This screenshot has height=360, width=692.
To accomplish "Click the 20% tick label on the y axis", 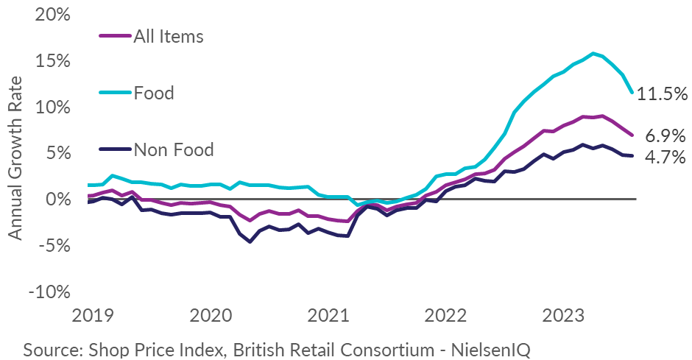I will [52, 15].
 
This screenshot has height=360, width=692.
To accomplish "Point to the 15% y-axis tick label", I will [52, 61].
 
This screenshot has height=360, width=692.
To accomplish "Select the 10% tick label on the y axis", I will [52, 107].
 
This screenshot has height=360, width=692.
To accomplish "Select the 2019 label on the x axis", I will [93, 317].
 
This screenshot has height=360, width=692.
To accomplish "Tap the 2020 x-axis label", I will [210, 317].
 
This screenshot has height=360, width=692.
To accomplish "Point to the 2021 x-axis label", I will [328, 317].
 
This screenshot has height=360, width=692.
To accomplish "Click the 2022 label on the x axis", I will [445, 317].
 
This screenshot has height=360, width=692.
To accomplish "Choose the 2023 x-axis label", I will [562, 317].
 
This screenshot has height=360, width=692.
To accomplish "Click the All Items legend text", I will [169, 35].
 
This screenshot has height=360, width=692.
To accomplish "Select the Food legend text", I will [154, 93].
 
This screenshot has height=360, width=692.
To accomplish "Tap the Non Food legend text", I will [174, 150].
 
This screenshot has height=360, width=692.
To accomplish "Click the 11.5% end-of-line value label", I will [662, 93].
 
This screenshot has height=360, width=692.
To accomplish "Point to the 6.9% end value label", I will [665, 136].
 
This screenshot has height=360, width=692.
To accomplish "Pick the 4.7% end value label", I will [665, 156].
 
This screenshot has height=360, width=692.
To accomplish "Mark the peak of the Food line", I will [593, 53].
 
